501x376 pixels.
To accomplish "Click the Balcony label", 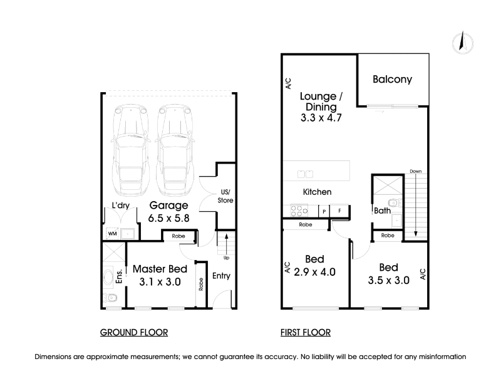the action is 392,80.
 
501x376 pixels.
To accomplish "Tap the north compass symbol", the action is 463,42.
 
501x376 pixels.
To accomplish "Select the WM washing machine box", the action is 112,234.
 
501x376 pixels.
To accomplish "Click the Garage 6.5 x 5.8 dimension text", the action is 168,218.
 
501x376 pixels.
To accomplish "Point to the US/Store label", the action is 225,196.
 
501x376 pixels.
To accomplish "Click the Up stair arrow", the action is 226,244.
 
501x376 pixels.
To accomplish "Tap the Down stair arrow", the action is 416,206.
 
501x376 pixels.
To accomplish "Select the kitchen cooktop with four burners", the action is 299,211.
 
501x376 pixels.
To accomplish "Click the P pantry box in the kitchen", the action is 324,211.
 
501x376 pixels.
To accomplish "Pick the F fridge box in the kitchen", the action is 339,211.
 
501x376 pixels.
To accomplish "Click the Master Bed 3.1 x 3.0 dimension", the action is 160,282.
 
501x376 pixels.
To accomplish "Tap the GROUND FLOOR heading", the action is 134,333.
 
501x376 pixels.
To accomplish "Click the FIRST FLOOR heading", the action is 306,333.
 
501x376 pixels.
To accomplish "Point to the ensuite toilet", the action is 110,298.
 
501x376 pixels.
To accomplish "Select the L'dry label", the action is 120,206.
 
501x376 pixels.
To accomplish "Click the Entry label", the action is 222,276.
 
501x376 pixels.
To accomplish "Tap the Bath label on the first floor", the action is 382,211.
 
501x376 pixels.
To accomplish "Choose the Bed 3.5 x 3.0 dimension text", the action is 388,280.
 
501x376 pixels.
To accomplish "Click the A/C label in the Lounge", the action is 288,83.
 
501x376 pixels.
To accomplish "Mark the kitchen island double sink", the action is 305,174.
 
